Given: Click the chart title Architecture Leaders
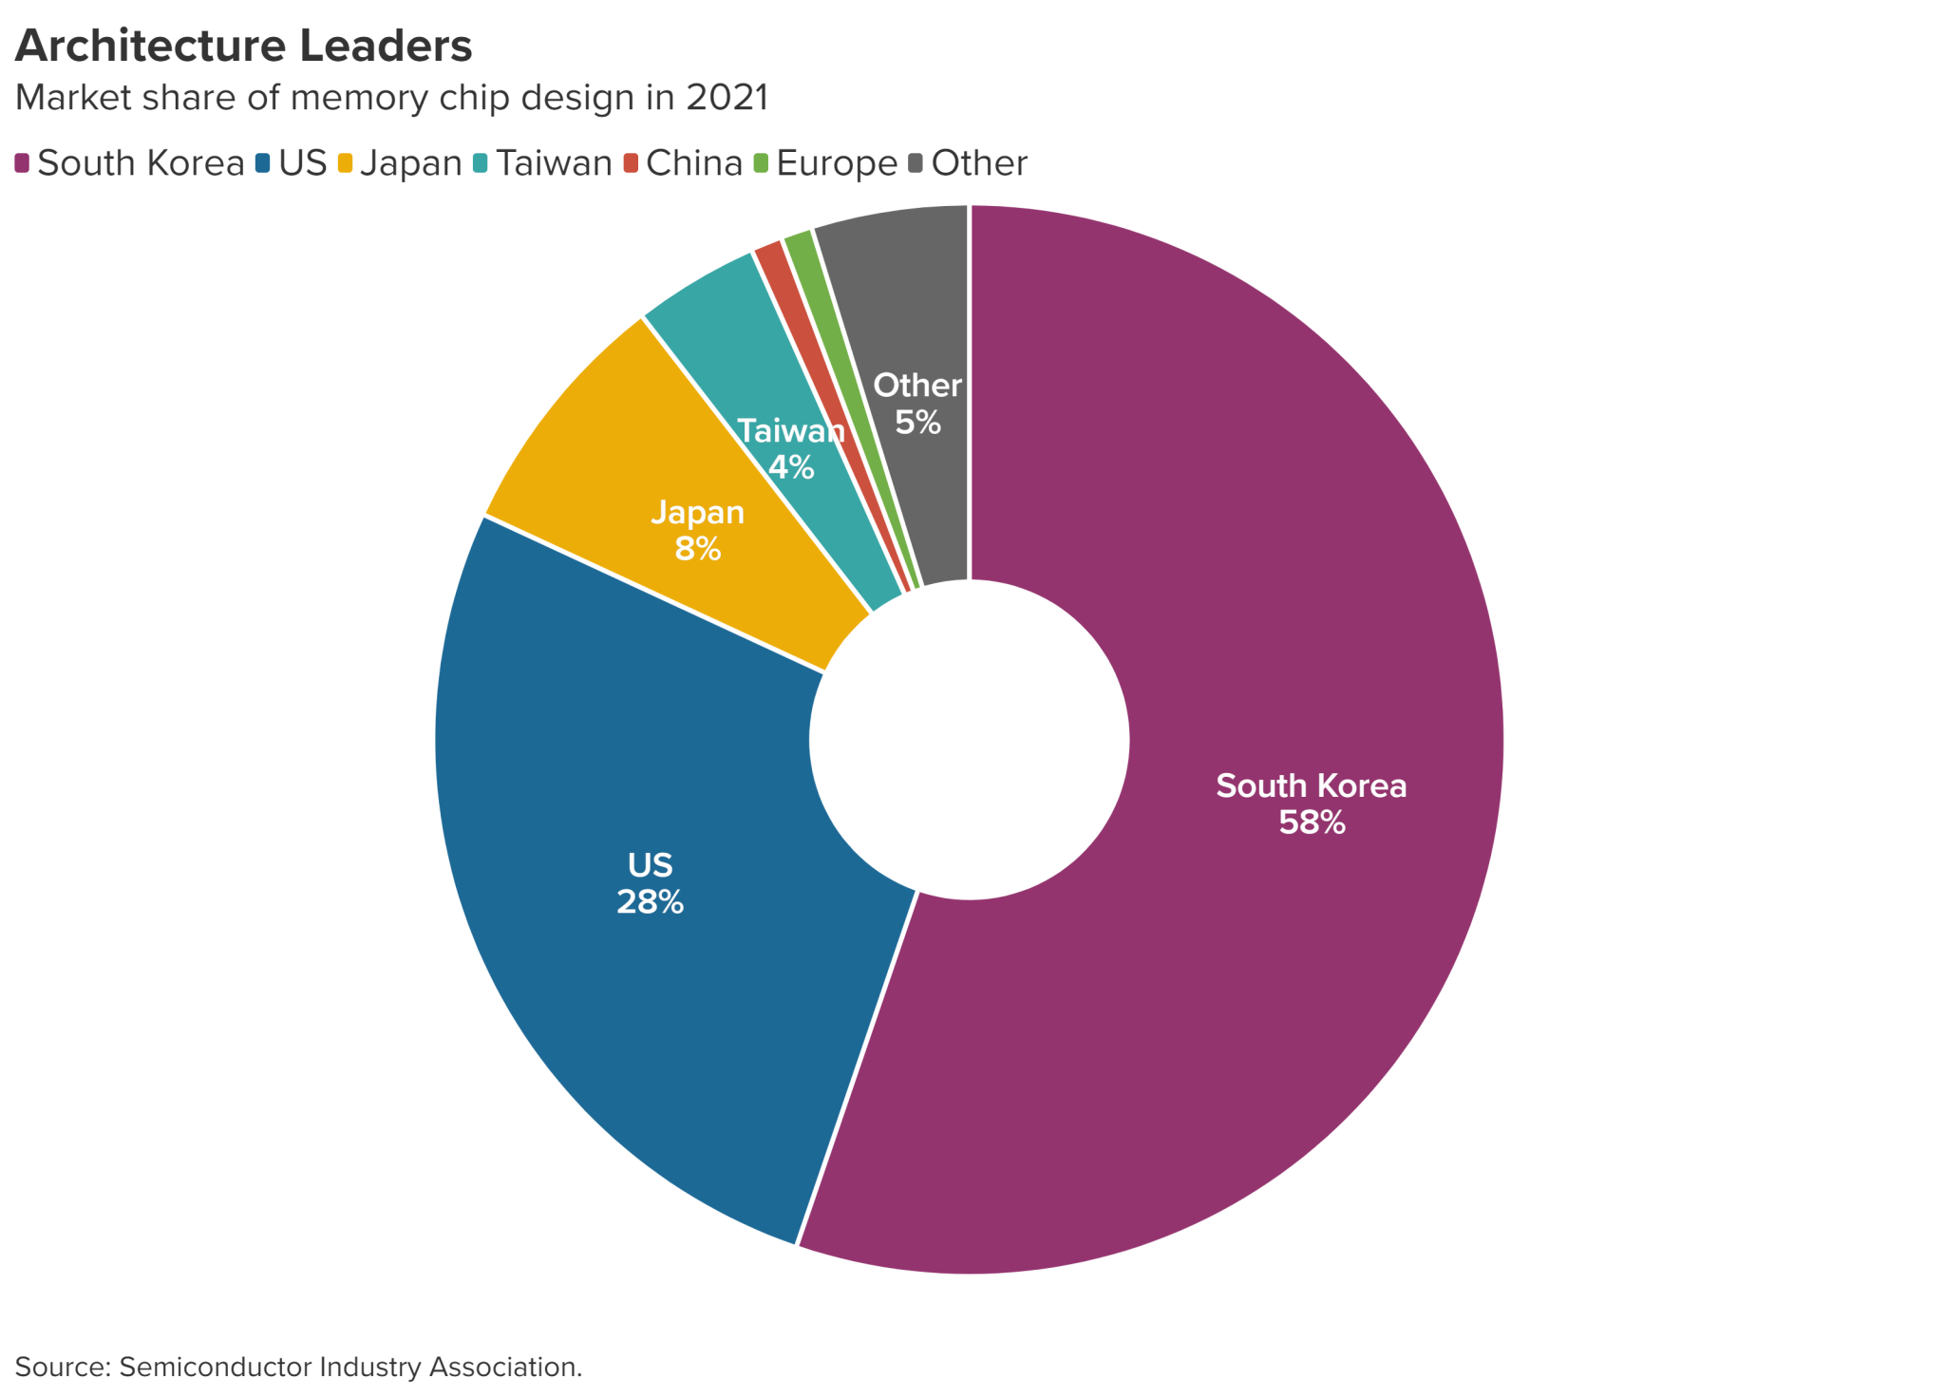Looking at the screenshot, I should point(243,46).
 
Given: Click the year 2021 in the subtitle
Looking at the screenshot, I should point(727,98).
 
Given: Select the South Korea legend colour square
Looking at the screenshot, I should point(22,163).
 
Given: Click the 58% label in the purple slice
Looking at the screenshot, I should point(1312,822).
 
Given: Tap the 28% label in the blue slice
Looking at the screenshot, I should point(650,901).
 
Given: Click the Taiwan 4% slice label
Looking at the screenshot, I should point(791,449).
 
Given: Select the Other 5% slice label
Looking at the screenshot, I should point(917,404).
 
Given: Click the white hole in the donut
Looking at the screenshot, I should point(969,739).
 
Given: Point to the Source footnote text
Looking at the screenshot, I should point(298,1367).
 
